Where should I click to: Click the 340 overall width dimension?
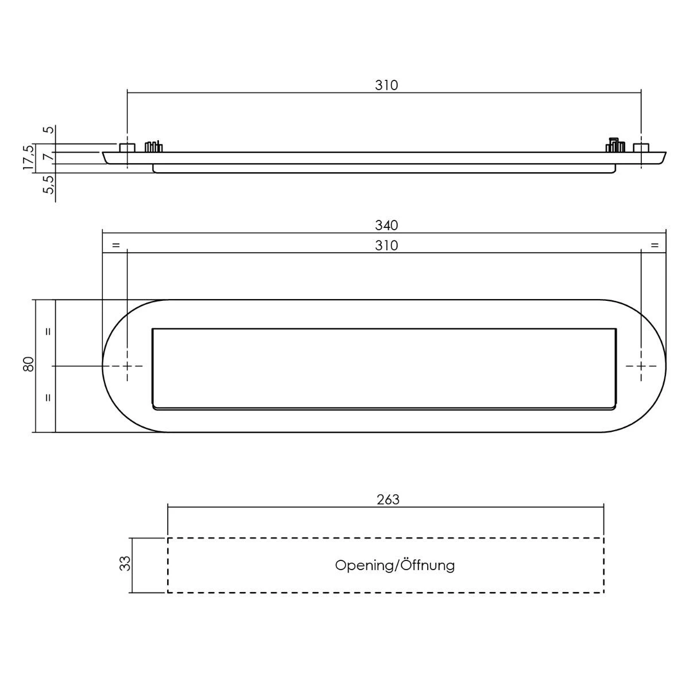pos(386,225)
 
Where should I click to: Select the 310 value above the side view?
pos(386,85)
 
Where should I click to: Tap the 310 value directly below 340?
pos(386,245)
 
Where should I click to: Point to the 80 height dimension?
pos(28,364)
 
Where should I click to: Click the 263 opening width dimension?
pos(388,499)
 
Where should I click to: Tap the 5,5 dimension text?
pos(50,184)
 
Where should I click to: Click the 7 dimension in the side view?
pos(50,157)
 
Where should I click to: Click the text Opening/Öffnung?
pos(395,566)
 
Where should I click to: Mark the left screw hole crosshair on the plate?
pos(127,366)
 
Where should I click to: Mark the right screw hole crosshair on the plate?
pos(641,366)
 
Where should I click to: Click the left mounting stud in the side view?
pos(127,148)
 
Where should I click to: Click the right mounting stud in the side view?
pos(641,148)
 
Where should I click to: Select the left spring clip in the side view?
pos(153,147)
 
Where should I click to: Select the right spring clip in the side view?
pos(615,146)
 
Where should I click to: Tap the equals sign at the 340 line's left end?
pos(115,246)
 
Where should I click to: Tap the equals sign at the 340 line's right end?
pos(655,246)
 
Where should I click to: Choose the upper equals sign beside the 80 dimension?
pos(48,331)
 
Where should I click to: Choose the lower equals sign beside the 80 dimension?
pos(48,397)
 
